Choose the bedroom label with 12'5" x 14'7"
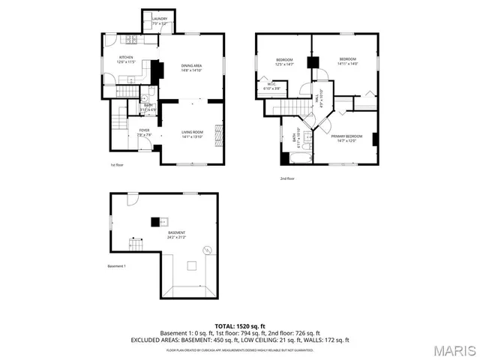point(284,61)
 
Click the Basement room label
point(176,235)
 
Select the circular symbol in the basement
point(213,250)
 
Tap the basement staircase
point(136,246)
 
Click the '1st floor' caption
point(117,165)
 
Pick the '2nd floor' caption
point(287,178)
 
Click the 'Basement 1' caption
point(116,266)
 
